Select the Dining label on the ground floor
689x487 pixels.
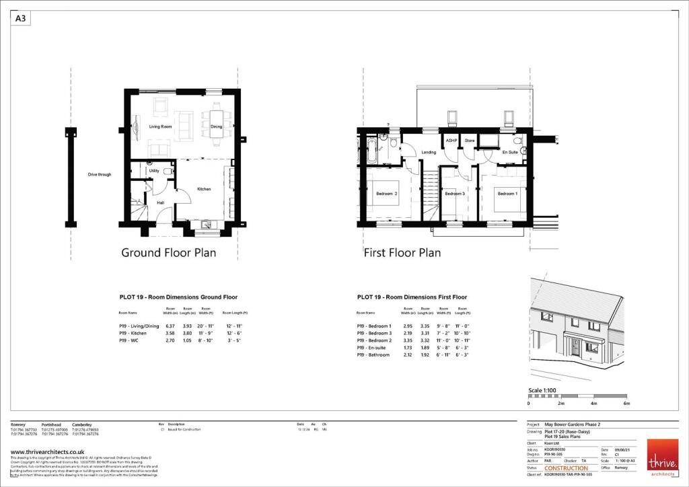(216, 126)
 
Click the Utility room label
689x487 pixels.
(154, 171)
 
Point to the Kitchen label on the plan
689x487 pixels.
(204, 189)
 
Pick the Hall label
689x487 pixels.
(161, 202)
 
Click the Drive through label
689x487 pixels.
(100, 174)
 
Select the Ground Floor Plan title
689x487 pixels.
(168, 253)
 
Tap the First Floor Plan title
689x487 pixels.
(402, 253)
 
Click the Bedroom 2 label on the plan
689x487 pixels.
(386, 194)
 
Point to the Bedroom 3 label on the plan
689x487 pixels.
(455, 194)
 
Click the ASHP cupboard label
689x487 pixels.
(451, 141)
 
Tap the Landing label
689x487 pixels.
(429, 153)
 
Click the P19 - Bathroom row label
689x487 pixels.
(373, 354)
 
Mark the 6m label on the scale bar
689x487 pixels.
(626, 403)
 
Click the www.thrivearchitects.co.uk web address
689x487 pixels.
(47, 451)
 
